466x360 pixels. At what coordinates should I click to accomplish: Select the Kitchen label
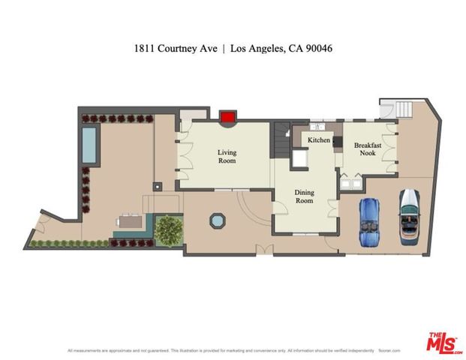tap(319, 140)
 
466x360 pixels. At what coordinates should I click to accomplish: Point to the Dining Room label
tap(303, 196)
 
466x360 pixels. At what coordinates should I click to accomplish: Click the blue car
tap(370, 223)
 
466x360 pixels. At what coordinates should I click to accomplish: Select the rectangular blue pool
tap(89, 145)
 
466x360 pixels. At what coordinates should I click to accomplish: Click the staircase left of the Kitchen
tap(281, 140)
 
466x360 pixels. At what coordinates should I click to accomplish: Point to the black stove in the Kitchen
tap(338, 141)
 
